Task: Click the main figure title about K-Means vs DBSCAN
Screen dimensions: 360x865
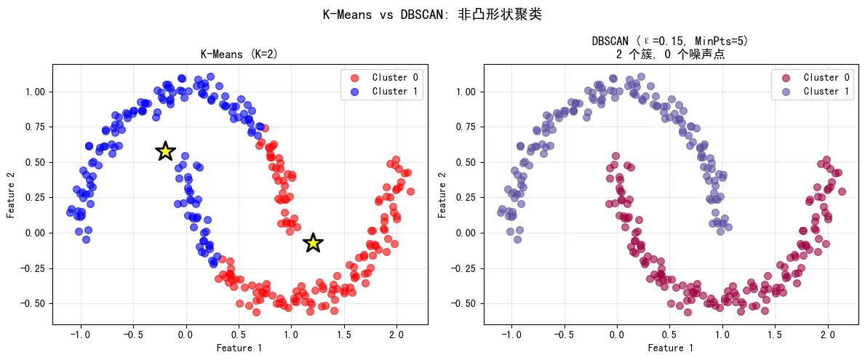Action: pos(432,15)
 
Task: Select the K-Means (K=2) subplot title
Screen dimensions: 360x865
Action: pos(239,55)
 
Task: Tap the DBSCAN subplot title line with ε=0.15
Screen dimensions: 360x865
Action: pos(670,41)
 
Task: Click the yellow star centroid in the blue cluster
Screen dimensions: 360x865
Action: pos(165,151)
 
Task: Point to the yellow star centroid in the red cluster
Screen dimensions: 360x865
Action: pos(313,243)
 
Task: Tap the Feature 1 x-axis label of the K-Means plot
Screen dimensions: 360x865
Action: pos(239,348)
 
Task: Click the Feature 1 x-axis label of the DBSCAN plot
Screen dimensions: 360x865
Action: pos(670,348)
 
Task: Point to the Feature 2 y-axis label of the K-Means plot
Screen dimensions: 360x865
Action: pos(11,194)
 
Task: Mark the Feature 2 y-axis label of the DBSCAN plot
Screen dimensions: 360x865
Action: pos(442,194)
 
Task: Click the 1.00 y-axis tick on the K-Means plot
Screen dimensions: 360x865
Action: pos(35,92)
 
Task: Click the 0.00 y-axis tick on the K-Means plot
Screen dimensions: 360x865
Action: pos(35,233)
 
